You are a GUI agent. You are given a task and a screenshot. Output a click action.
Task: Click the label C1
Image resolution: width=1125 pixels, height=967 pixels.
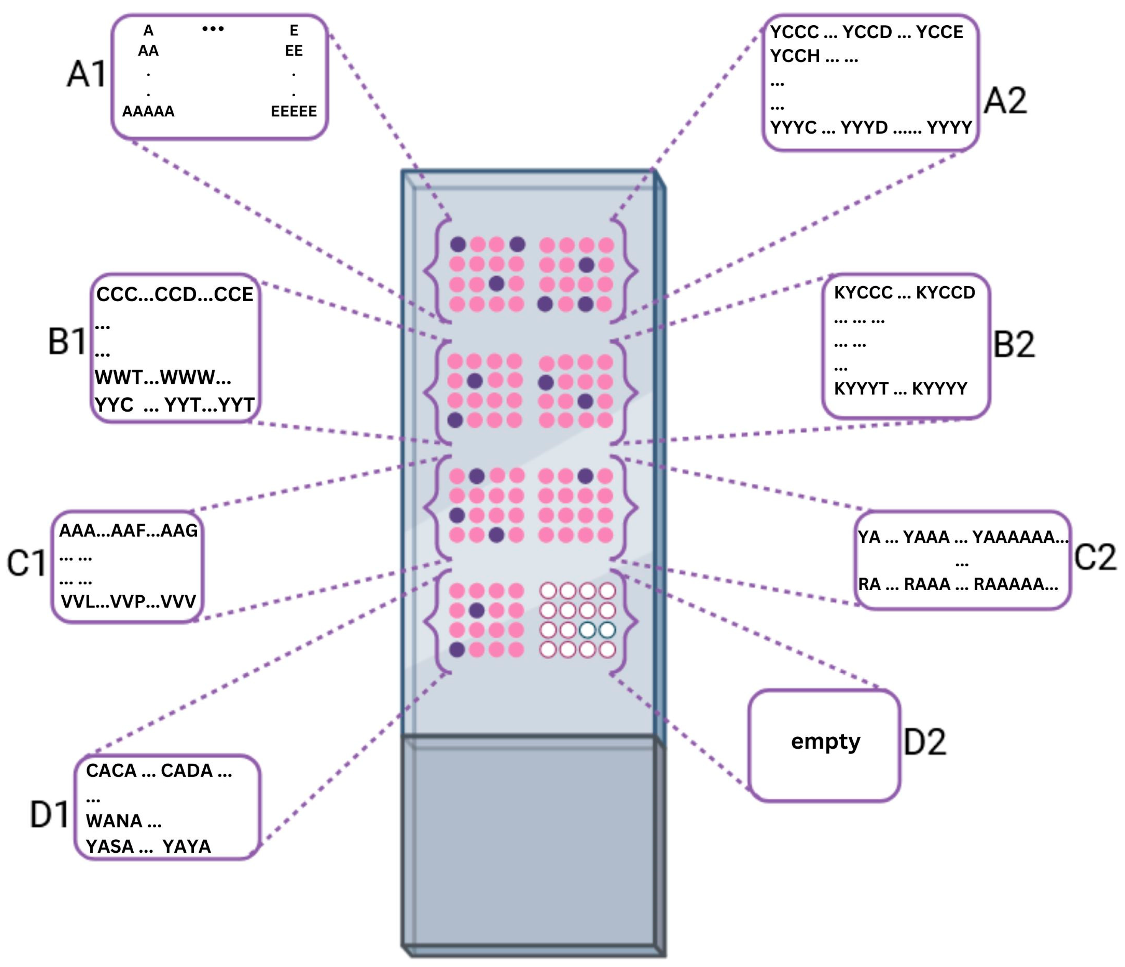[26, 563]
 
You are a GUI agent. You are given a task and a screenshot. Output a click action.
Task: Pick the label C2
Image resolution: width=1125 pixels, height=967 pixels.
[1095, 557]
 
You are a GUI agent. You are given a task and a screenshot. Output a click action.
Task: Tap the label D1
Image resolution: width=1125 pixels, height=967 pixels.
[49, 814]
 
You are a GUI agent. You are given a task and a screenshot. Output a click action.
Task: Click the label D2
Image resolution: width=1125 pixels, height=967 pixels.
[925, 742]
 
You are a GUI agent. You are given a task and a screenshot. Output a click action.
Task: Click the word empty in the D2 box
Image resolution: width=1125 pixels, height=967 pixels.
[825, 741]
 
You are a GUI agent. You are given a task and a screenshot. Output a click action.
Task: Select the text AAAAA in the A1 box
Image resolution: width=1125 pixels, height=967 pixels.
[148, 111]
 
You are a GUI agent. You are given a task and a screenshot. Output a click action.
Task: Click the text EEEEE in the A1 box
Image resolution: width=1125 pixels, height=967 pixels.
[294, 111]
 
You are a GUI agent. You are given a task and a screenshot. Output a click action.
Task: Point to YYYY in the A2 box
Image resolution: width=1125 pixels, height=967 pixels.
[949, 128]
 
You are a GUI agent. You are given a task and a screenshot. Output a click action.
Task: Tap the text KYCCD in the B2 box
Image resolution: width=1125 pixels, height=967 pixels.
[945, 293]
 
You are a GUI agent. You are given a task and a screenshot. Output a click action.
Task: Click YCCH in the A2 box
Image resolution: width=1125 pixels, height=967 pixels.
[795, 56]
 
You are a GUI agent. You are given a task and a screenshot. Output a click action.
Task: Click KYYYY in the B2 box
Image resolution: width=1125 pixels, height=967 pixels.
[939, 389]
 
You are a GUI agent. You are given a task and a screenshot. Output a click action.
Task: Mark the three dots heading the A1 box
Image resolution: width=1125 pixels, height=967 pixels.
[213, 29]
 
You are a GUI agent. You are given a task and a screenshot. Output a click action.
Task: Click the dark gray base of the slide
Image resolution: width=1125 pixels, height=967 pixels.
[529, 847]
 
